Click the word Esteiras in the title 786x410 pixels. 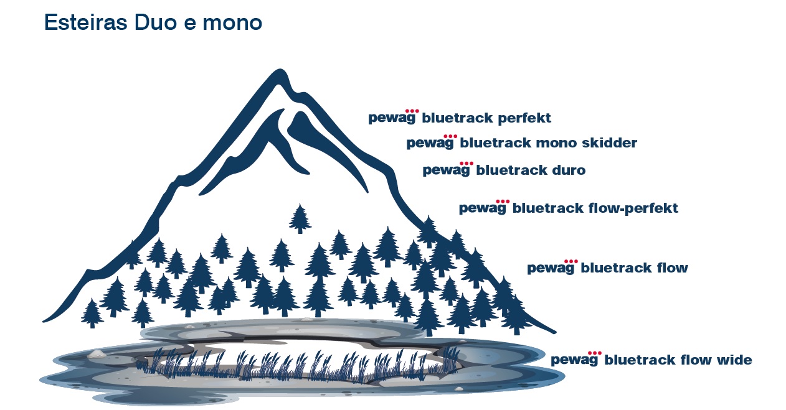tap(85, 22)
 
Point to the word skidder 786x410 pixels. tap(610, 143)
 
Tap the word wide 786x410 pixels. tap(734, 360)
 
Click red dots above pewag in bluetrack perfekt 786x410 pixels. tap(412, 111)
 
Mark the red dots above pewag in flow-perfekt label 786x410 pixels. tap(503, 202)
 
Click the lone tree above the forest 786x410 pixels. tap(300, 218)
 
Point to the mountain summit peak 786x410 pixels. tap(280, 70)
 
